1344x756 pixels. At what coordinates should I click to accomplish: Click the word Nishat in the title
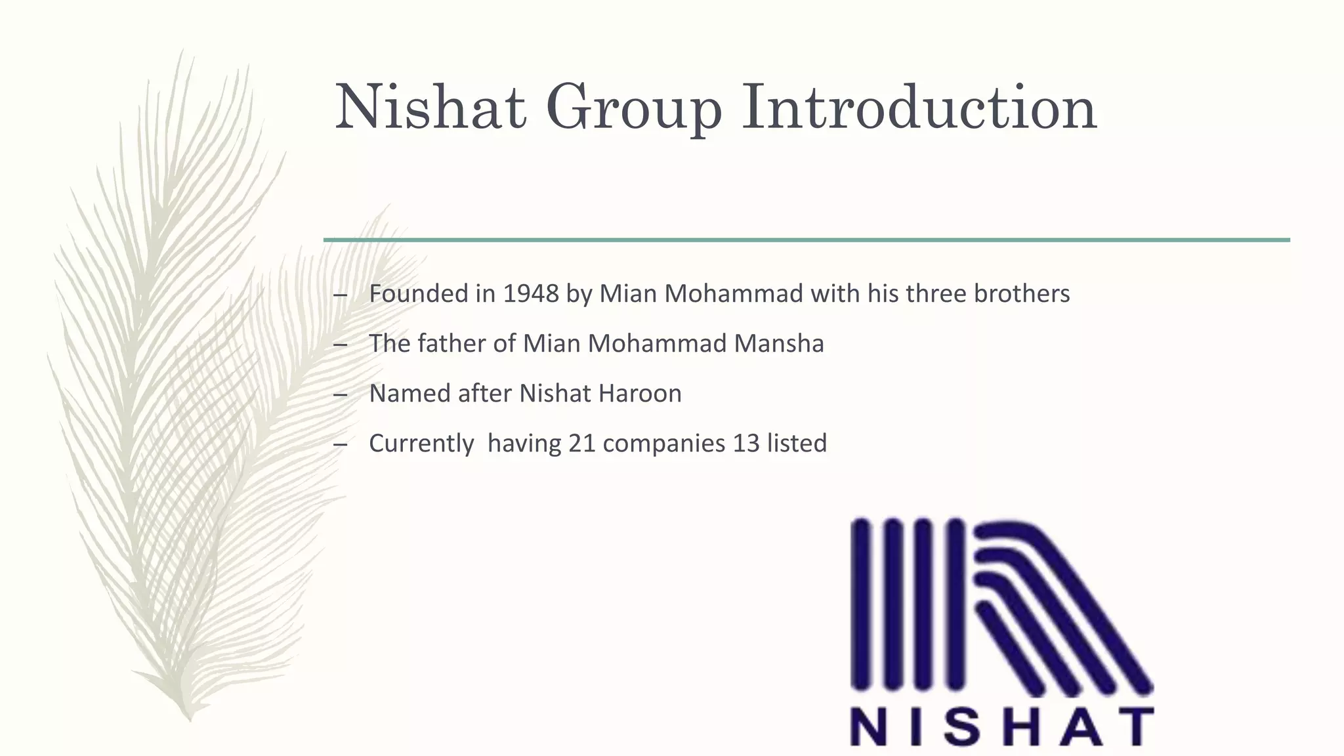430,106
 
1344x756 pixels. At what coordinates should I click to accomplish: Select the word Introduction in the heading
919,106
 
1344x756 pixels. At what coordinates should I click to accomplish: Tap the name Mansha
779,343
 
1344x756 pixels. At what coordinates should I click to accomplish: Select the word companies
663,444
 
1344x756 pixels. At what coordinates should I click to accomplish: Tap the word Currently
421,444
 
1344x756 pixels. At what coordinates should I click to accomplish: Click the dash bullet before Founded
340,295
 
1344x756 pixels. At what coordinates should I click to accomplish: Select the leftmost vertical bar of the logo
861,604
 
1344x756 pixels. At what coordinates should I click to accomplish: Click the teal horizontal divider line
806,240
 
